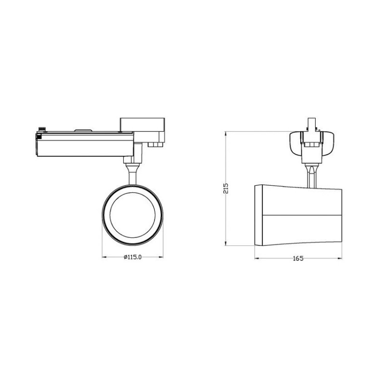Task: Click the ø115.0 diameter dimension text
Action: pos(133,257)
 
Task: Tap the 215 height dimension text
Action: pos(226,188)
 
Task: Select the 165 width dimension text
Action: pos(298,258)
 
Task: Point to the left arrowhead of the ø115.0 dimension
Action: pos(104,257)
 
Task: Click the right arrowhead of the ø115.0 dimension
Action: pos(161,257)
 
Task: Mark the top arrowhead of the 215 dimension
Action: pos(226,134)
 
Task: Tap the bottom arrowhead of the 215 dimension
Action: pos(226,243)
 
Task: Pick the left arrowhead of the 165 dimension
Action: pos(257,258)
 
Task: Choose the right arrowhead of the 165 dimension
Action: pos(340,258)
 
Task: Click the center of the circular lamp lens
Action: pos(133,215)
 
